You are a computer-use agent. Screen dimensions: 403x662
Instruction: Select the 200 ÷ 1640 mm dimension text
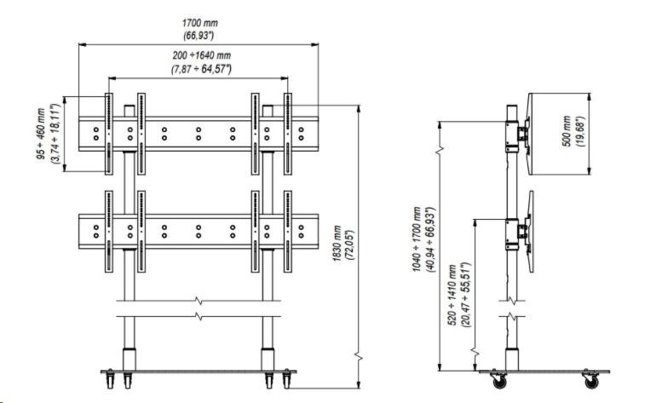(x=200, y=55)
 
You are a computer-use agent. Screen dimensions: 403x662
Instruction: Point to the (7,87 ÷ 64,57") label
(x=200, y=68)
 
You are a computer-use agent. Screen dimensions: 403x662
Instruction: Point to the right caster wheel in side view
(x=588, y=379)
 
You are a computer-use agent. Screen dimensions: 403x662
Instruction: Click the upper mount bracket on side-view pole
(x=516, y=136)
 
